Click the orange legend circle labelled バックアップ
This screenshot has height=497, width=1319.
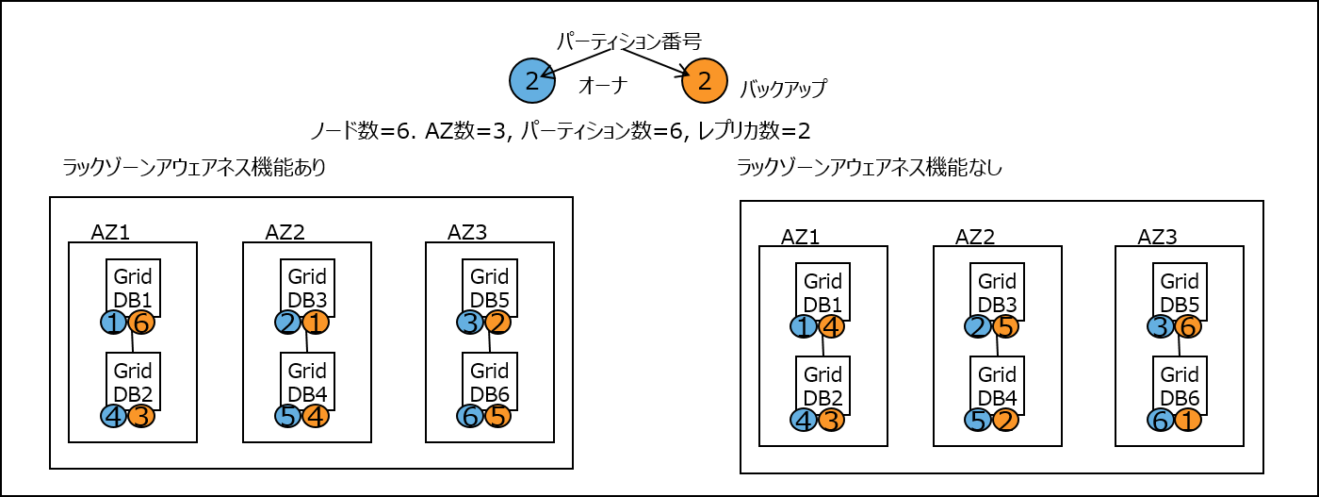[x=705, y=81]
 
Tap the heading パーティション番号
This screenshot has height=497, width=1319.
[x=628, y=41]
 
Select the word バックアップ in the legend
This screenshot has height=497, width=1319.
[x=783, y=90]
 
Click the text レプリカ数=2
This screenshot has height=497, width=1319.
[x=755, y=131]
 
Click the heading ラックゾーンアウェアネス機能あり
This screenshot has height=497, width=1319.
[x=194, y=168]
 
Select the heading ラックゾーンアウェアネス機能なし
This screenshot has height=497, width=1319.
[x=869, y=168]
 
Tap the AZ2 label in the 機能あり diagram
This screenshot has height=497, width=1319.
[x=285, y=232]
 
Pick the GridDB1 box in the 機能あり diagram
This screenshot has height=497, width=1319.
[x=133, y=287]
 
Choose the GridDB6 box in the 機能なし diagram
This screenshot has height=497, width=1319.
[x=1180, y=386]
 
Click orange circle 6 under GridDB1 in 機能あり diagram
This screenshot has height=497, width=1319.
[x=141, y=323]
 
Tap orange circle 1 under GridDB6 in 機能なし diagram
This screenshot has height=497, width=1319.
[x=1188, y=421]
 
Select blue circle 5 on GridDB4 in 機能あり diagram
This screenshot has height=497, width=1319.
[x=289, y=416]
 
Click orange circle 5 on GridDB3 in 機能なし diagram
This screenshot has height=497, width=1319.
[x=1005, y=326]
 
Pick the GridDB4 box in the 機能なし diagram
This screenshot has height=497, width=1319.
[x=997, y=386]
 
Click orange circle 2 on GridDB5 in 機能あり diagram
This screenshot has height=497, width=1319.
[x=497, y=323]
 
